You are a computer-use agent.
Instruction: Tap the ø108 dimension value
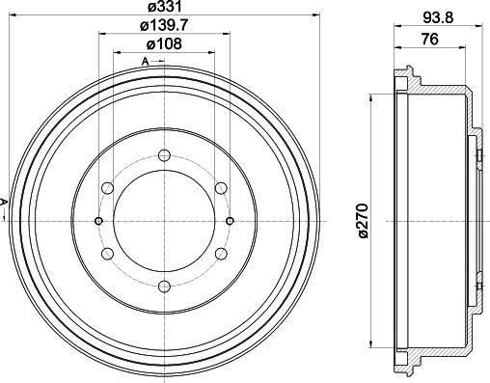point(165,44)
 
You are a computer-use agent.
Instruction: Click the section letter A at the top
point(146,63)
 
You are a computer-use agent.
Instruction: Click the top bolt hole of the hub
point(165,154)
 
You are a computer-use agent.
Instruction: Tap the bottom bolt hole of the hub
point(165,286)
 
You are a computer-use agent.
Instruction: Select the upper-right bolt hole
point(222,187)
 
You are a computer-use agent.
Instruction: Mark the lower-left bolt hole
point(108,253)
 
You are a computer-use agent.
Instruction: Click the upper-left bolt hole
point(108,187)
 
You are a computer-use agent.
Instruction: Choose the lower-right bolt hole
point(222,253)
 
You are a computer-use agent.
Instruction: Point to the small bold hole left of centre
point(99,220)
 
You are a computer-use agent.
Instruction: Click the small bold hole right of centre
point(230,220)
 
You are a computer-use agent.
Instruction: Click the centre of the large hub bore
point(165,220)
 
